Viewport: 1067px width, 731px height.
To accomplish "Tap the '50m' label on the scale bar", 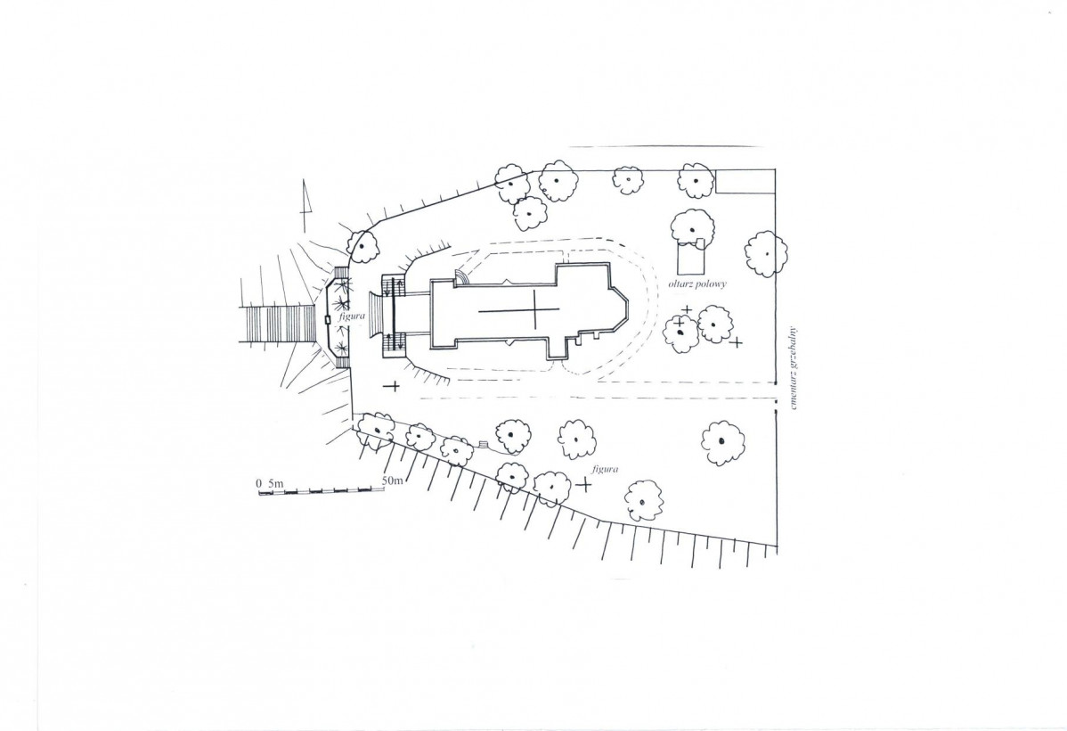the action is tap(394, 481).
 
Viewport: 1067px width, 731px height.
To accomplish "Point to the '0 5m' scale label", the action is tap(270, 483).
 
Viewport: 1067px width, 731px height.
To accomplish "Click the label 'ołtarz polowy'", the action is tap(697, 283).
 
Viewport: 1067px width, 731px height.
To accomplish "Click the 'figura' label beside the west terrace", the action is tap(354, 316).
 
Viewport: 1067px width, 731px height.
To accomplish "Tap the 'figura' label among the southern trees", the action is tap(604, 469).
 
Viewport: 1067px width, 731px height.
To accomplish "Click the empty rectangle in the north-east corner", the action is tap(745, 181).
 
